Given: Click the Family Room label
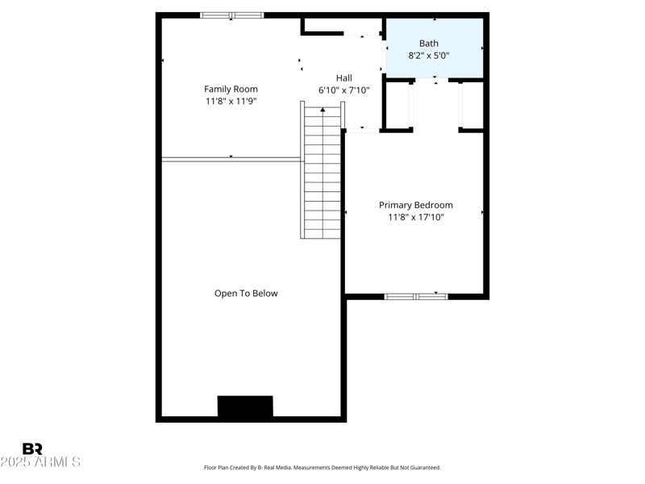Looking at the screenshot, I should point(231,90).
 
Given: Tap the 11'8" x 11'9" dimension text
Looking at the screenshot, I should point(231,102).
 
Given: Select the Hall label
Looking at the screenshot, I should point(344,78).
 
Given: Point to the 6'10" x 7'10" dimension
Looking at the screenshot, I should point(344,90).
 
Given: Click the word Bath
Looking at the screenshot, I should point(429,44).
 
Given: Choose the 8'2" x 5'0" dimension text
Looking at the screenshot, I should point(429,56).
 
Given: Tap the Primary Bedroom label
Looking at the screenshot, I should point(415,205).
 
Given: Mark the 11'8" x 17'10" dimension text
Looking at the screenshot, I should point(415,217).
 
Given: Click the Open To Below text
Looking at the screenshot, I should point(246,294).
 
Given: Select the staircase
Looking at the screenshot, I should point(322,173).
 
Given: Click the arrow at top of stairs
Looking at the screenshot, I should point(322,110).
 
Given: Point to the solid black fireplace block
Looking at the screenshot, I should point(245,406).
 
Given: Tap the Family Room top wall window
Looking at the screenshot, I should point(232,15).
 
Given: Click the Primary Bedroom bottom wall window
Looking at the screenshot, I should point(416,296).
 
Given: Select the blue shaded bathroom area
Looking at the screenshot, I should point(435,48).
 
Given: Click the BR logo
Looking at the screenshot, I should point(32,449).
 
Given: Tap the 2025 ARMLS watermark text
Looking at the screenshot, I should point(40,462).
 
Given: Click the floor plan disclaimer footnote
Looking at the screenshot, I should point(322,468).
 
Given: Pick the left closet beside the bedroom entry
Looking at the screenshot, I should point(397,105).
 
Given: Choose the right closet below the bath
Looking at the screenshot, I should point(472,105).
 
